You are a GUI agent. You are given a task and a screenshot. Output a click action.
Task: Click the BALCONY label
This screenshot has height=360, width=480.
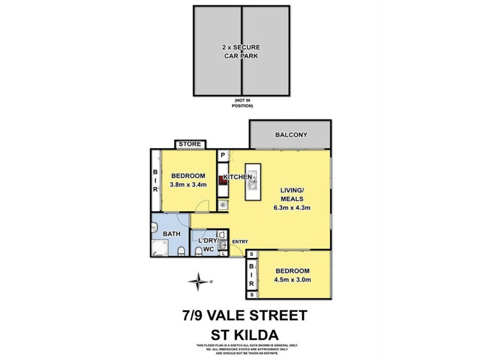[291, 135]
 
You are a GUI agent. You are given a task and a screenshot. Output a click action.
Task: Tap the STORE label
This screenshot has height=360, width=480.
[190, 144]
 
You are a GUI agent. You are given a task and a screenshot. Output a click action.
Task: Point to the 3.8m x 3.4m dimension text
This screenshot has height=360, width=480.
[188, 184]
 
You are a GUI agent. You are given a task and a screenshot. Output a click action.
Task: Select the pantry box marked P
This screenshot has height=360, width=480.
[223, 155]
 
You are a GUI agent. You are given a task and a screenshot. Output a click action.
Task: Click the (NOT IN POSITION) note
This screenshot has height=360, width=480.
[242, 103]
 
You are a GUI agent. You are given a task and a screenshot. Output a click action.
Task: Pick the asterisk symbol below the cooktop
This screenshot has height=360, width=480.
[223, 204]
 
